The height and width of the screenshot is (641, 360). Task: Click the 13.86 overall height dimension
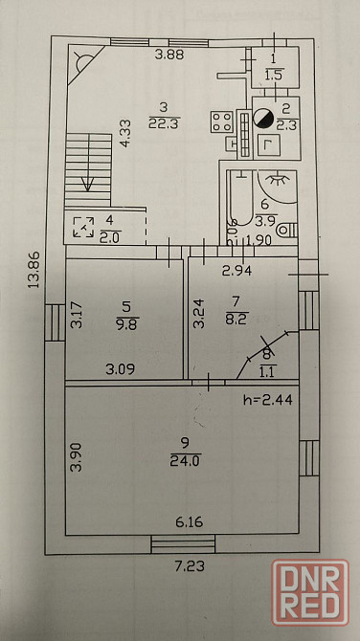34,270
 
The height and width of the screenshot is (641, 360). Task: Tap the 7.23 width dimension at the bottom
189,566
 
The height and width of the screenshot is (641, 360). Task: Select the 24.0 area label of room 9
186,461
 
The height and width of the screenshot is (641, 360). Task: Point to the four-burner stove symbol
222,122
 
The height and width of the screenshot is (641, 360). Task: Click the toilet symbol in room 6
287,231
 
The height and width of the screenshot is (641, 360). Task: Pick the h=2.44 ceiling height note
267,399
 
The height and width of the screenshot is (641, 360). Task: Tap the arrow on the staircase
87,184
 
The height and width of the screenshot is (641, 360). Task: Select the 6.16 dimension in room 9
189,522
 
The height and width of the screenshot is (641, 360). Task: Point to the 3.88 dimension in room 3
169,55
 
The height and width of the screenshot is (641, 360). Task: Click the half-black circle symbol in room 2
263,118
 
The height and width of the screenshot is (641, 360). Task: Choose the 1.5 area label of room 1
275,76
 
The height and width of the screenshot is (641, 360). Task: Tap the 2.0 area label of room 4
110,237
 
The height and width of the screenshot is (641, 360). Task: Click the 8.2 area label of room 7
236,319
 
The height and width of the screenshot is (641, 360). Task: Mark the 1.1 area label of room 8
268,371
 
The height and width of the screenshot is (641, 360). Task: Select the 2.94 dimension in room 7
236,270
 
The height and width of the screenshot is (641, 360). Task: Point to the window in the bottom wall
183,544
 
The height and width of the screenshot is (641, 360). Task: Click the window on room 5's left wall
55,322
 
